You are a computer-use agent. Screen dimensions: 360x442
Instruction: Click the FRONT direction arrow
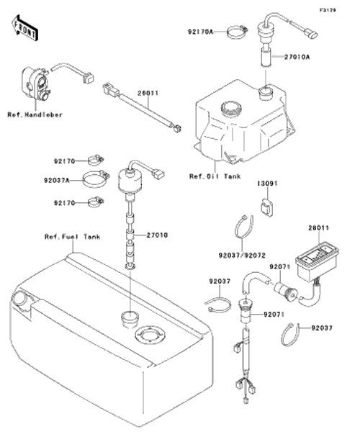pyautogui.click(x=24, y=27)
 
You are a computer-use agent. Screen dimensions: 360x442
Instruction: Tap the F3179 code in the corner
pyautogui.click(x=328, y=10)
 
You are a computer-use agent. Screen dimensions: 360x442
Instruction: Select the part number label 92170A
pyautogui.click(x=200, y=32)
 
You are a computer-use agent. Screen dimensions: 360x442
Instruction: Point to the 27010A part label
pyautogui.click(x=297, y=57)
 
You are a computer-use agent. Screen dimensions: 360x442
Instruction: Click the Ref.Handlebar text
pyautogui.click(x=35, y=114)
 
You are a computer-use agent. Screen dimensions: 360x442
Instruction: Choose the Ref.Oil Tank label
pyautogui.click(x=215, y=176)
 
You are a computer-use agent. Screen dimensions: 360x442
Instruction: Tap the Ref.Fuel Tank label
pyautogui.click(x=73, y=237)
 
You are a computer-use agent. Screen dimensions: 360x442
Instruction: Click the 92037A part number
pyautogui.click(x=56, y=180)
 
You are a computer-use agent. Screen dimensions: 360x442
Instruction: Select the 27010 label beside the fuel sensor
pyautogui.click(x=157, y=235)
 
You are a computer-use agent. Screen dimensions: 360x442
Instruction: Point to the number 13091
pyautogui.click(x=267, y=184)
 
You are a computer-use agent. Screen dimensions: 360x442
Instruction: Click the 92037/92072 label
pyautogui.click(x=242, y=256)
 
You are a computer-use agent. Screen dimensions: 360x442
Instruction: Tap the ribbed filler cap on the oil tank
pyautogui.click(x=231, y=109)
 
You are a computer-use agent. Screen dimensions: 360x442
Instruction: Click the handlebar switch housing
pyautogui.click(x=35, y=84)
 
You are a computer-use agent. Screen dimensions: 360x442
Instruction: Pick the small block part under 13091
pyautogui.click(x=266, y=208)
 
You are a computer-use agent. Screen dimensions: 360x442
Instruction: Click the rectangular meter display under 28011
pyautogui.click(x=316, y=263)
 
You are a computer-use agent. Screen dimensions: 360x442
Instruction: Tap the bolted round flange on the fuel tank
pyautogui.click(x=150, y=335)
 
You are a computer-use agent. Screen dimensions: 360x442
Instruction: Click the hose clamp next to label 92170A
pyautogui.click(x=237, y=32)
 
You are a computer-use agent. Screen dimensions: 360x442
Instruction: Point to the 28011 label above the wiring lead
pyautogui.click(x=148, y=93)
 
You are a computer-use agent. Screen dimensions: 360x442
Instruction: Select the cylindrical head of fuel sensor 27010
pyautogui.click(x=130, y=180)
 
